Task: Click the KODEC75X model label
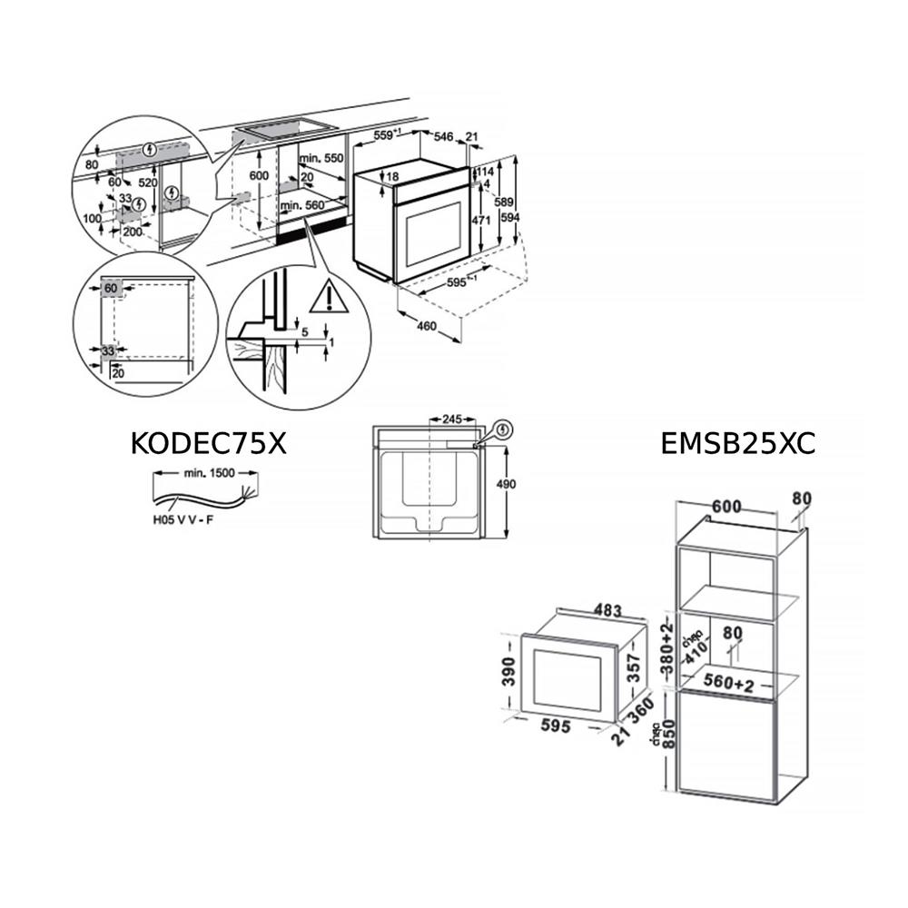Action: click(x=209, y=443)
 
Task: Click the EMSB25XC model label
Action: click(x=738, y=443)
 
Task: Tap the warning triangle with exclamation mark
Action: click(x=328, y=296)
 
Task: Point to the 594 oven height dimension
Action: click(x=512, y=218)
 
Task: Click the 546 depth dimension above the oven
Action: click(x=443, y=137)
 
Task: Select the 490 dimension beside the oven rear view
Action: click(x=506, y=484)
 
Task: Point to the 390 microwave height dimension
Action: click(x=510, y=672)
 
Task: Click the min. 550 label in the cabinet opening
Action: click(x=321, y=159)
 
